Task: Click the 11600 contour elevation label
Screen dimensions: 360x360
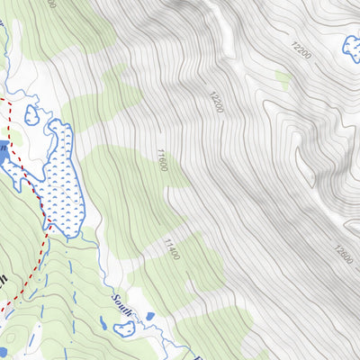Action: tap(162, 162)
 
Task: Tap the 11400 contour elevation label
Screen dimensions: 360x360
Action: tap(171, 248)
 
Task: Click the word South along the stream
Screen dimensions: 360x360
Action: tap(122, 304)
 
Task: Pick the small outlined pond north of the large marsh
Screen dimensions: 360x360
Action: tap(32, 114)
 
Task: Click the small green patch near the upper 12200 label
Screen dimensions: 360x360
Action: tap(283, 81)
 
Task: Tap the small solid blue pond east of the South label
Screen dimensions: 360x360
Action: tap(148, 316)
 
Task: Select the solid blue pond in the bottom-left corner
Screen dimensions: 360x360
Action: tap(4, 352)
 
